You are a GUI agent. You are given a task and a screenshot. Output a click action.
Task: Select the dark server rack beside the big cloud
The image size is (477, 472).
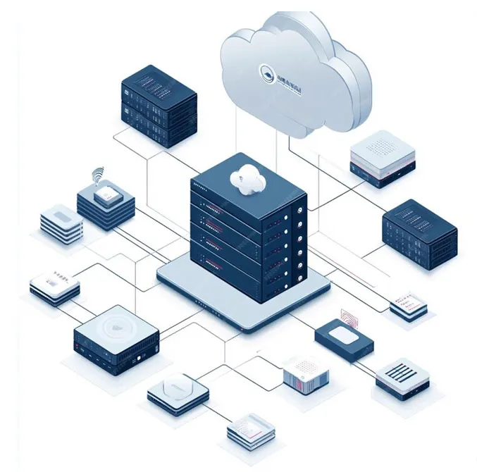tap(159, 105)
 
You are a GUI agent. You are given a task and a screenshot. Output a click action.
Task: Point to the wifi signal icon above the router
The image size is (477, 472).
tap(97, 174)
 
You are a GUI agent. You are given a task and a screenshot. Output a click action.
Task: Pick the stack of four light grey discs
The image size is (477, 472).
tap(61, 223)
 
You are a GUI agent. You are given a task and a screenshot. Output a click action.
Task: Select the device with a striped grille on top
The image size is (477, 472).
tap(402, 376)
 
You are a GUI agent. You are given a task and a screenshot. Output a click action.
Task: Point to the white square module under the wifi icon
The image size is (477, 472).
tap(106, 195)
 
